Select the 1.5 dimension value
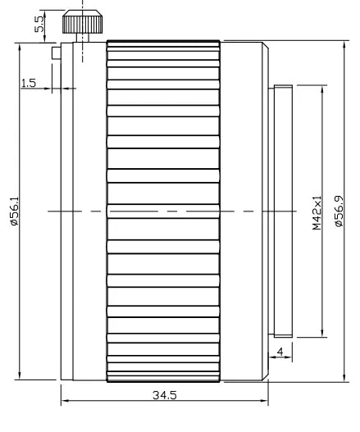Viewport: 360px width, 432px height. tap(28, 83)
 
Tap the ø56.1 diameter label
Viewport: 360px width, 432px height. tap(12, 212)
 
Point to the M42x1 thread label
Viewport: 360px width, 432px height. tap(317, 211)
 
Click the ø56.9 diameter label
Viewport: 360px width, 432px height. tap(339, 211)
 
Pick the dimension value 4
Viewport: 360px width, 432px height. tap(281, 352)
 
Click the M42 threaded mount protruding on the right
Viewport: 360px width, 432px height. tap(281, 211)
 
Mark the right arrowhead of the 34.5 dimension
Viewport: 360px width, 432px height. tap(266, 401)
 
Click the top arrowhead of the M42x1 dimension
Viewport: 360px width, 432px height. tap(322, 87)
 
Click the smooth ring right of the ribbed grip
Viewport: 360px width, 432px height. tap(244, 211)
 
